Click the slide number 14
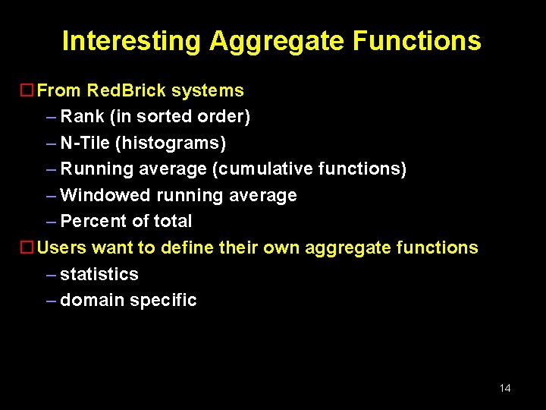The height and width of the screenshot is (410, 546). coord(505,388)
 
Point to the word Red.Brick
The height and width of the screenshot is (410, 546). coord(127,91)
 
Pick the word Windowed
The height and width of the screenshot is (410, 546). coord(105,195)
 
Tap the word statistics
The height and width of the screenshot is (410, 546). coord(99,274)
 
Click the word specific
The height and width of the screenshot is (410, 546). coord(163,300)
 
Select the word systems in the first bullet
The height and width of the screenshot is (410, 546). coord(208,91)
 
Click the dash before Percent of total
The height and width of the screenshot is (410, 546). coord(51,221)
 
